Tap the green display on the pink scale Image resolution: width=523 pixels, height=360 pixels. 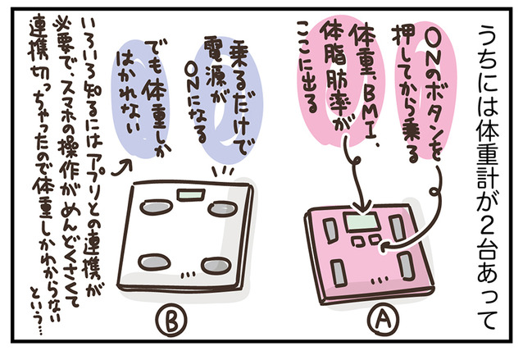coord(361,221)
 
